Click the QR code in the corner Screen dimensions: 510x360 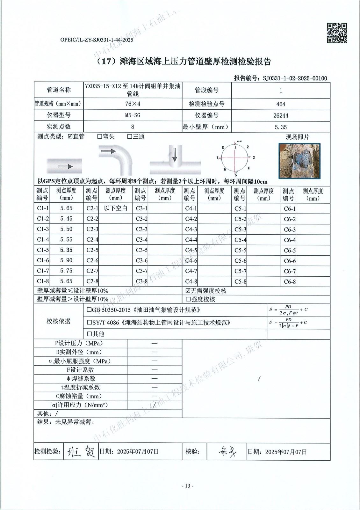pos(337,33)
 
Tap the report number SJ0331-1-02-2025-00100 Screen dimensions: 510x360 pos(295,78)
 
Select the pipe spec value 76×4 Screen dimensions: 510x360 pos(133,104)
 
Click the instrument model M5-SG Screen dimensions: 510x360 pos(133,115)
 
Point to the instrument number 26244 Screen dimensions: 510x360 pos(280,115)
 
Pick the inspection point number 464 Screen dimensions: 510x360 pos(281,104)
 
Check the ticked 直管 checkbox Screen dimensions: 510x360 pos(70,137)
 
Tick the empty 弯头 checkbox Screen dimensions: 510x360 pos(100,137)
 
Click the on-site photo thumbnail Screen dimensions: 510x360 pos(299,160)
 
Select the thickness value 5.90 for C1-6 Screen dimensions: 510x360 pos(66,260)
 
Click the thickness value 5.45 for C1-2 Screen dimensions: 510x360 pos(66,219)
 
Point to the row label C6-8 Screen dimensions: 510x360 pos(290,282)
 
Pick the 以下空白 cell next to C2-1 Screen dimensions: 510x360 pos(116,208)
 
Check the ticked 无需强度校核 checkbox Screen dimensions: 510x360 pos(188,291)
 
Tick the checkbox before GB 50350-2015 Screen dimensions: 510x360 pos(89,310)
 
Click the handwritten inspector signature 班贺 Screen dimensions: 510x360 pos(81,451)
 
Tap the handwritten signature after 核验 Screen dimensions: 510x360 pos(227,451)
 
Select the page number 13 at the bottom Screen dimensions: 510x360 pos(187,486)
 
